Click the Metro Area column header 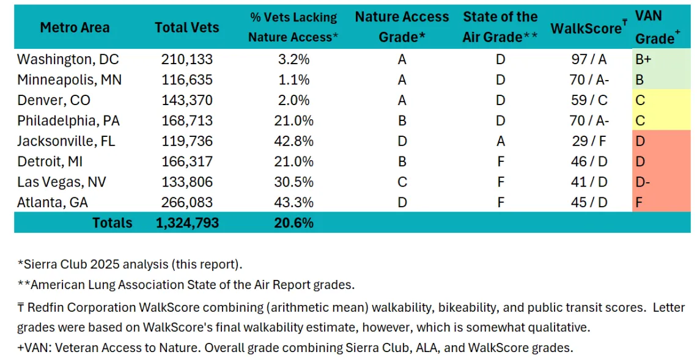click(x=75, y=28)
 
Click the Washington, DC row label click(x=68, y=60)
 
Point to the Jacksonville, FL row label click(x=66, y=141)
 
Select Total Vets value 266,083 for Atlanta click(x=186, y=202)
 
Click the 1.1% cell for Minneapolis click(x=293, y=80)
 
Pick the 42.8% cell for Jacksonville click(x=293, y=141)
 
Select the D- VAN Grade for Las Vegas click(x=643, y=182)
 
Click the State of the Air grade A click(x=500, y=141)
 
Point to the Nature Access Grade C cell click(x=402, y=182)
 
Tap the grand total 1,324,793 click(x=186, y=222)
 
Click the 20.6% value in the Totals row click(x=293, y=222)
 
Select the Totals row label click(x=112, y=222)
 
